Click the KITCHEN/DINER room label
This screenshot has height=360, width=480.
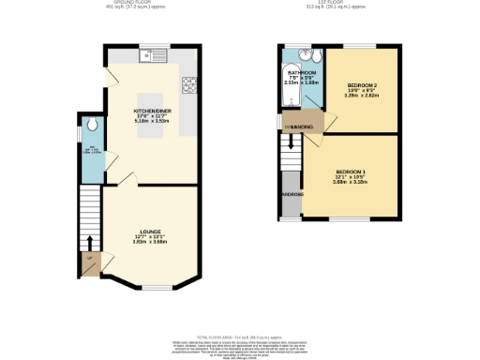click(x=150, y=110)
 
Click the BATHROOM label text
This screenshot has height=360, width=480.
click(x=302, y=72)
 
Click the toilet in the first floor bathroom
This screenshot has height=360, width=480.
click(x=317, y=55)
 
